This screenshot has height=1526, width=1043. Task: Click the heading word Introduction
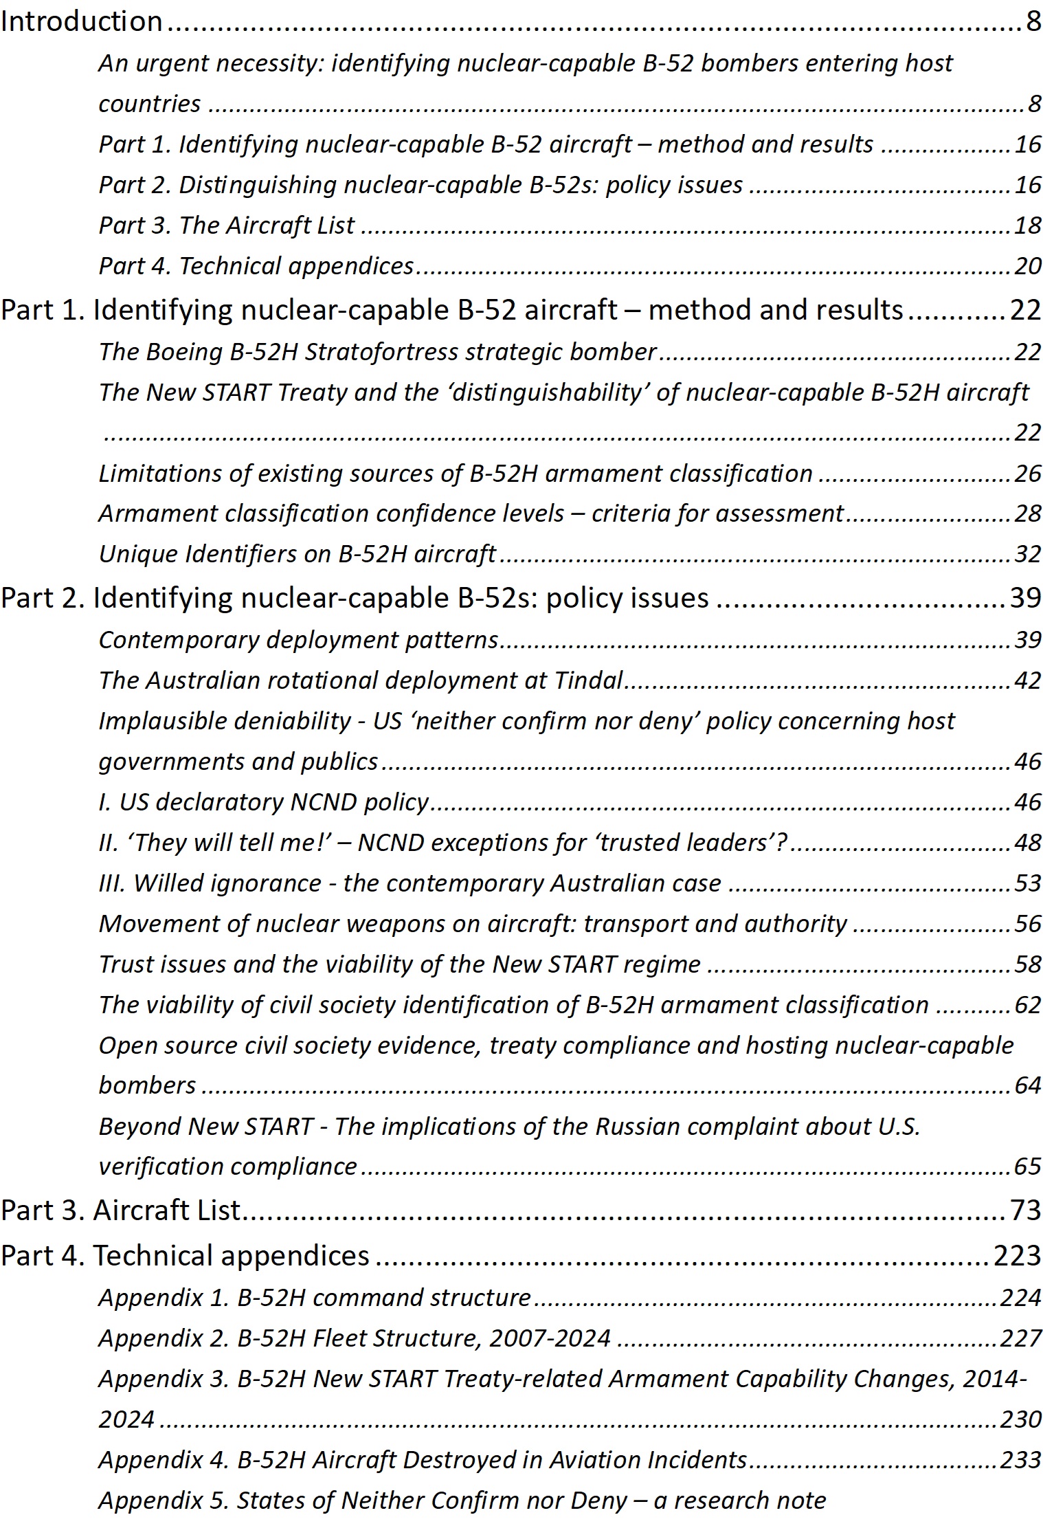coord(81,22)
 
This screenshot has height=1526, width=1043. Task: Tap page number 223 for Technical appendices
coord(1017,1255)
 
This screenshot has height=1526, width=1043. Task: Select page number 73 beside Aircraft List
coord(1026,1210)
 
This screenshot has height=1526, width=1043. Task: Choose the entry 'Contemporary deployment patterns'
coord(298,639)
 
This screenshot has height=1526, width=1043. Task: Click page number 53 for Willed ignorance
coord(1028,883)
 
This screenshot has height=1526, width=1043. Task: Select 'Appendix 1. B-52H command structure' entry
coord(315,1297)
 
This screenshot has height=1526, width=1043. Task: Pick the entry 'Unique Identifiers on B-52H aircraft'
coord(297,553)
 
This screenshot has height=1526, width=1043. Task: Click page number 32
coord(1028,553)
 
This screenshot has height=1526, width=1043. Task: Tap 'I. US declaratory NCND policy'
coord(264,801)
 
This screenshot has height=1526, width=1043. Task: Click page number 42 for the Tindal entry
coord(1028,680)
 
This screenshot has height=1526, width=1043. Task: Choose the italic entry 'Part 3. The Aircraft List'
coord(227,225)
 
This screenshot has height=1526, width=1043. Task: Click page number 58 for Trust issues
coord(1028,964)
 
